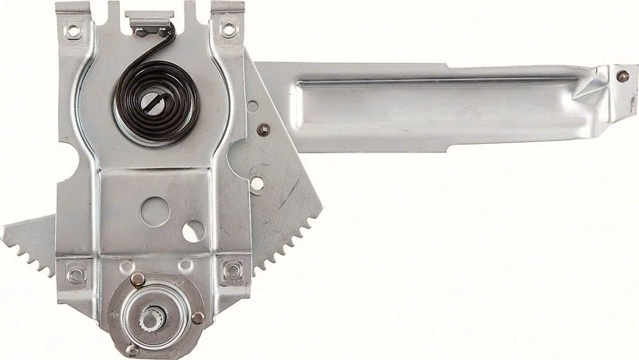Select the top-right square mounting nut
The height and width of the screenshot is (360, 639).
coord(228,30)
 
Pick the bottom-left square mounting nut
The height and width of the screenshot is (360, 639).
coord(76,274)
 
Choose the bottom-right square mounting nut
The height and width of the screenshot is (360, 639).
coord(232,270)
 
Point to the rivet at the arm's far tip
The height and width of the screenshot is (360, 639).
coord(622,76)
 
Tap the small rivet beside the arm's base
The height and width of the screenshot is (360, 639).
coord(263,129)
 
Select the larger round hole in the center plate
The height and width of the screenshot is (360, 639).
coord(154,211)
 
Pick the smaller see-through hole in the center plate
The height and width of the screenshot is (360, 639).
coord(193,231)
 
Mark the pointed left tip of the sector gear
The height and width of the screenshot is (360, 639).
coord(6,231)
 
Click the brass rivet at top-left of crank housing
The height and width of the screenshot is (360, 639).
coord(137,279)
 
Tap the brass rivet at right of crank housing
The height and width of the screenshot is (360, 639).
coord(197,317)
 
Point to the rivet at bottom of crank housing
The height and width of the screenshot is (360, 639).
coord(133,349)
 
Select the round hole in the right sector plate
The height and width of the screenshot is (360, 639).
coord(256,184)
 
